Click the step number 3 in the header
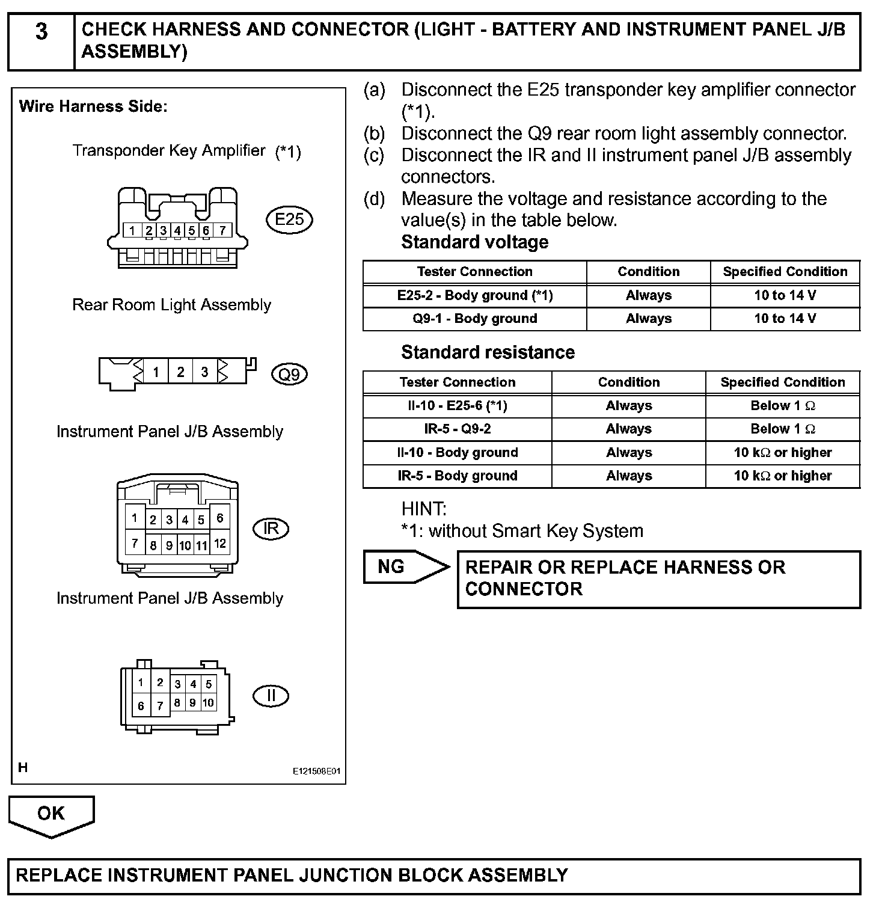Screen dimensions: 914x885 41,31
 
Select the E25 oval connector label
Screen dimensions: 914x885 289,219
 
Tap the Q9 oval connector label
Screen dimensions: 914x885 289,375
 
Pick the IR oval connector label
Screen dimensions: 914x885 271,529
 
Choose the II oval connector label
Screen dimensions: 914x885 271,696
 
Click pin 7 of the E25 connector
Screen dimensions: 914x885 222,230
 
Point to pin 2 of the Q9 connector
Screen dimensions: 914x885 180,372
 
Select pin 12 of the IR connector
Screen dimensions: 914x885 220,544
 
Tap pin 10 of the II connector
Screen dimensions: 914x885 208,702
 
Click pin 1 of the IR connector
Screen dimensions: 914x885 135,518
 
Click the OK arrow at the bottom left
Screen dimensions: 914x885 51,815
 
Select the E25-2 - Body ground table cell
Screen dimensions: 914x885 474,295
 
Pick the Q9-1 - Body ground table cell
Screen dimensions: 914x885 474,319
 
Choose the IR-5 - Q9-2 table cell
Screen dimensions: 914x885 457,429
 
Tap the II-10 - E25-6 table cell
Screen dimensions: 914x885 457,406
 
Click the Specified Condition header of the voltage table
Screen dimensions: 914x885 785,272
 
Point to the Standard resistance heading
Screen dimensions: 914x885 488,352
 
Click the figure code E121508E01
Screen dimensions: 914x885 316,771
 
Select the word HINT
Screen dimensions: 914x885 424,509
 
